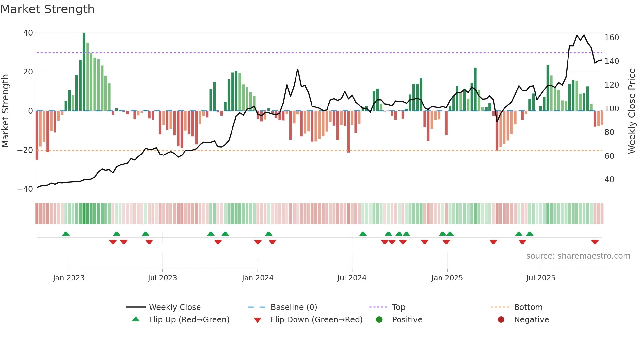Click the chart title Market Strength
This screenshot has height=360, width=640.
[x=48, y=9]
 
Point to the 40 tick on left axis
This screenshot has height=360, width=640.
[x=28, y=33]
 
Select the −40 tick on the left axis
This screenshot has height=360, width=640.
[x=25, y=189]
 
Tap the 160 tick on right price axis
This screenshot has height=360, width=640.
[x=611, y=38]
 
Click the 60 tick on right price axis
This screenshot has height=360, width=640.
[x=609, y=156]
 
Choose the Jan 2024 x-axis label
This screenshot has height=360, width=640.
[x=257, y=278]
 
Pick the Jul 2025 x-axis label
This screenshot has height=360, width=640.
[x=540, y=278]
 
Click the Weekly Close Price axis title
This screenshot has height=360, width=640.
[x=632, y=111]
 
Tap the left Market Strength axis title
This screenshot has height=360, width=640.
[x=6, y=111]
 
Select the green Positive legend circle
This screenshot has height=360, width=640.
[x=379, y=320]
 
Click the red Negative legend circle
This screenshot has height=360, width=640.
[x=501, y=320]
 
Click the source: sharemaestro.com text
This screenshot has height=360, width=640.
[x=578, y=256]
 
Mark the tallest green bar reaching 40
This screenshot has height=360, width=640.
[x=84, y=72]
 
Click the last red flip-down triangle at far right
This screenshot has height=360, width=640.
[x=595, y=242]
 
